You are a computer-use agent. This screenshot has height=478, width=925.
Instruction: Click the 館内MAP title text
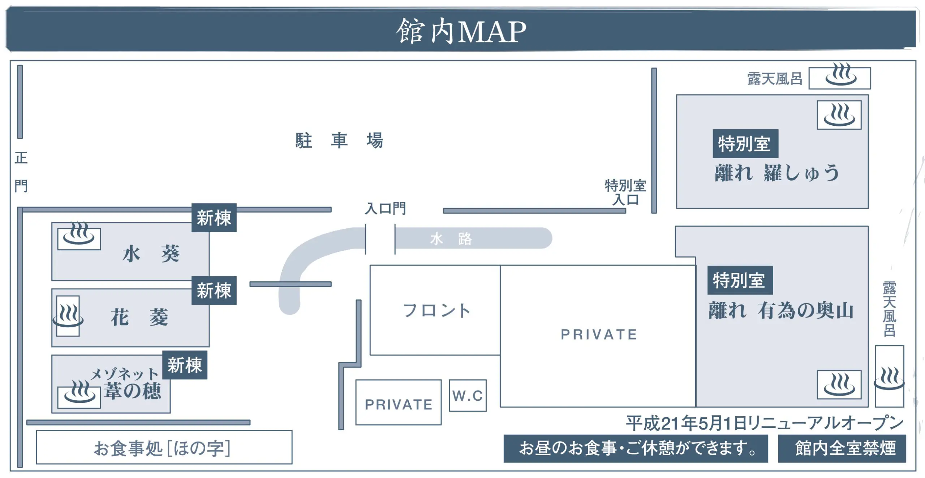(461, 32)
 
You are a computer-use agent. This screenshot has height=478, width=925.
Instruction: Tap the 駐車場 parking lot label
(339, 141)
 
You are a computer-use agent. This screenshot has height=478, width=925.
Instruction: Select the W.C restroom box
(468, 396)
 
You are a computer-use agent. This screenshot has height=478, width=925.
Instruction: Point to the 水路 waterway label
(451, 239)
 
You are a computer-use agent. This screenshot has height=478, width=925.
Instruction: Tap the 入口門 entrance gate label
(385, 208)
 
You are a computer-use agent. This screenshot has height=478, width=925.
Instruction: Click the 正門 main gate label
(21, 172)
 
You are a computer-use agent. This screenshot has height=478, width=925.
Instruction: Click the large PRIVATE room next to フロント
(598, 335)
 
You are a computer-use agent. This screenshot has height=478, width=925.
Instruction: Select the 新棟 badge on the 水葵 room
(214, 218)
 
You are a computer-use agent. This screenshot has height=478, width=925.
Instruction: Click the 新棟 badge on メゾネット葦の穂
(185, 365)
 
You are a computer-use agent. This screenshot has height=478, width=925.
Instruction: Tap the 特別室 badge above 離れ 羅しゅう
(745, 144)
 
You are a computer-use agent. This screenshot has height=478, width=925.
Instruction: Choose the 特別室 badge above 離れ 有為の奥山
(740, 280)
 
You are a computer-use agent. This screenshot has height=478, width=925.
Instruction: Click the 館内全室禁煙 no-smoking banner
(846, 448)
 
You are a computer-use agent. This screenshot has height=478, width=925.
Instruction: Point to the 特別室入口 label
(625, 193)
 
